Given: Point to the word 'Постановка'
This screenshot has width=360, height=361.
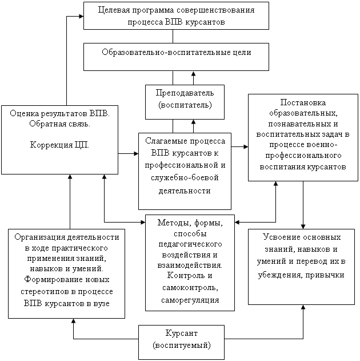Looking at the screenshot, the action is coord(303,102).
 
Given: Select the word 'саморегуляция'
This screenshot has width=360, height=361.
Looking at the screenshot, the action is coord(190,300).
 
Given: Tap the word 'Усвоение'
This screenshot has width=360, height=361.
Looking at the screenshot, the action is coord(279,237).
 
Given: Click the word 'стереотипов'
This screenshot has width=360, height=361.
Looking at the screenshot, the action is coord(45,292).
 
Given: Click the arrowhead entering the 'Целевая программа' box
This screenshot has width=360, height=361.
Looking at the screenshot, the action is coord(81,16).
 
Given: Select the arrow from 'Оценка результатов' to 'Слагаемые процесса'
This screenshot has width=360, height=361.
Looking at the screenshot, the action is coord(128,153).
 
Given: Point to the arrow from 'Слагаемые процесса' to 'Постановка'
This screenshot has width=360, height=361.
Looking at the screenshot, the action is coord(239,146).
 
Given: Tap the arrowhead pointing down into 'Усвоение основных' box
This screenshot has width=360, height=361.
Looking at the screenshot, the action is coord(303,227).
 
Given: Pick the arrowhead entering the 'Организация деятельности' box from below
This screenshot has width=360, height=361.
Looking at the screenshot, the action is coord(73,321).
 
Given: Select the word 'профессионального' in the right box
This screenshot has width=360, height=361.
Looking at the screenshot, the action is coord(303,156).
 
